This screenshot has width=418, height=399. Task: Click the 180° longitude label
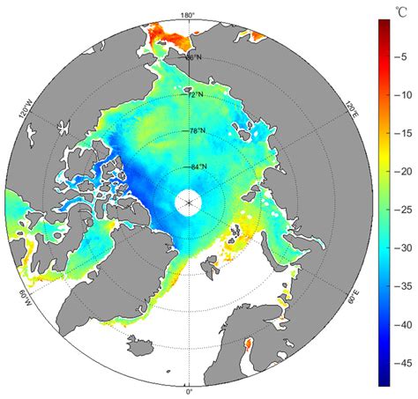[x=188, y=15]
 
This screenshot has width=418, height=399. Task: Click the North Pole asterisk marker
[x=188, y=203]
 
